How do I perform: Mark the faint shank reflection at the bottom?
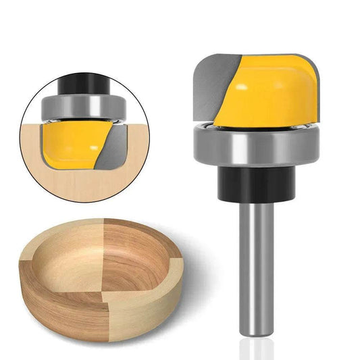point(257,349)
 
